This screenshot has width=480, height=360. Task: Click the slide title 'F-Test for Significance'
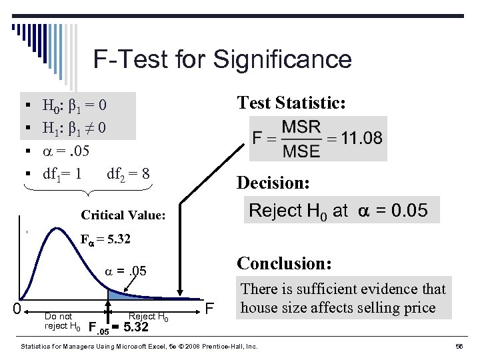tap(222, 59)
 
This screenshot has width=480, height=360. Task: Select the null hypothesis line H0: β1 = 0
tap(74, 105)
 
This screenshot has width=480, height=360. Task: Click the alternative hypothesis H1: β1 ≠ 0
tap(74, 127)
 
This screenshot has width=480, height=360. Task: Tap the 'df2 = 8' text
tap(128, 175)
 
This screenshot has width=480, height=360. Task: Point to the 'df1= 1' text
tap(62, 175)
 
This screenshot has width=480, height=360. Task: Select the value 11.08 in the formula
tap(361, 138)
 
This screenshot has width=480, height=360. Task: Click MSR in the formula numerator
tap(301, 127)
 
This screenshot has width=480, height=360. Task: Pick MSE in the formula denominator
tap(301, 151)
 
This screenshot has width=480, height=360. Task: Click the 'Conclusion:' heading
tap(284, 263)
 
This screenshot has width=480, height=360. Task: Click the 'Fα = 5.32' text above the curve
tap(106, 239)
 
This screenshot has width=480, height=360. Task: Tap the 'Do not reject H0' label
tap(62, 321)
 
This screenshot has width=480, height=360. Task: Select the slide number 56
tap(459, 347)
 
